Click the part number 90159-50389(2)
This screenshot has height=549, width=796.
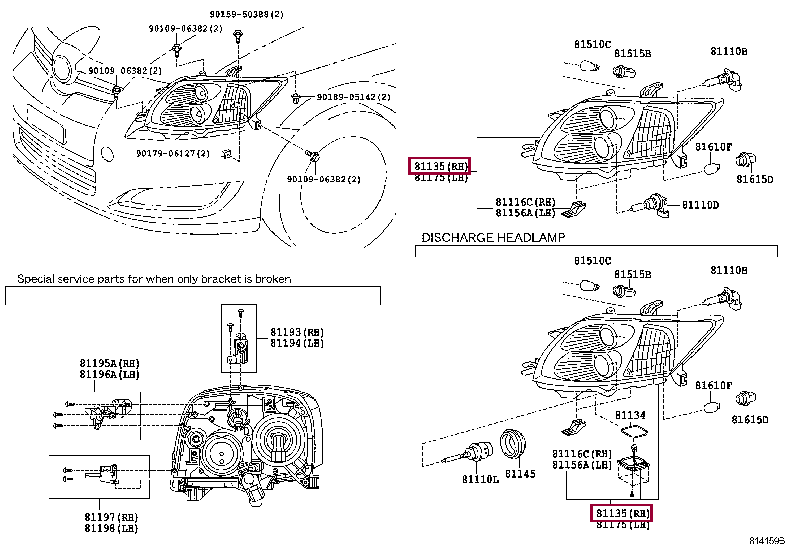click(x=247, y=15)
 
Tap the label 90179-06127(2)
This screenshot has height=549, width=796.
click(x=172, y=153)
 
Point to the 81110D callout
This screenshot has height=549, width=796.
click(x=700, y=205)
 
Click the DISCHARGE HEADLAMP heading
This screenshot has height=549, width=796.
click(x=493, y=238)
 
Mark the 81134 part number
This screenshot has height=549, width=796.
click(x=630, y=414)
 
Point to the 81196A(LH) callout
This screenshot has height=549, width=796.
click(x=110, y=374)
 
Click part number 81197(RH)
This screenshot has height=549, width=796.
click(x=111, y=517)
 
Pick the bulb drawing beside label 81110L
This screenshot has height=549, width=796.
click(x=471, y=452)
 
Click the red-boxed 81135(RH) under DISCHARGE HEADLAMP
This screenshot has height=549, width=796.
click(x=621, y=513)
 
